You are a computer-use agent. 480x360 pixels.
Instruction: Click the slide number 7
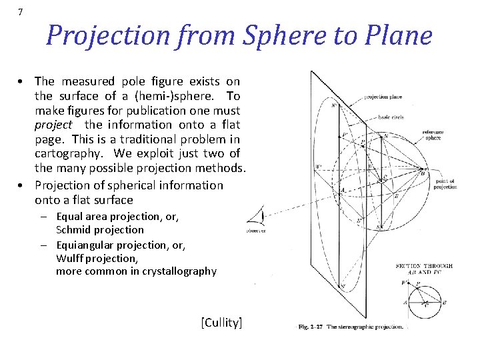pyautogui.click(x=21, y=13)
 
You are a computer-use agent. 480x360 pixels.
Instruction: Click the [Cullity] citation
pyautogui.click(x=221, y=323)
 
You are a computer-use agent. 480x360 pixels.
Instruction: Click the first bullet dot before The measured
pyautogui.click(x=23, y=82)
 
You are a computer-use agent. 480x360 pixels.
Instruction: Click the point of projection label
pyautogui.click(x=445, y=184)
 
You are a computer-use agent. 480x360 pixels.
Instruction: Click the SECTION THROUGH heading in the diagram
pyautogui.click(x=424, y=266)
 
